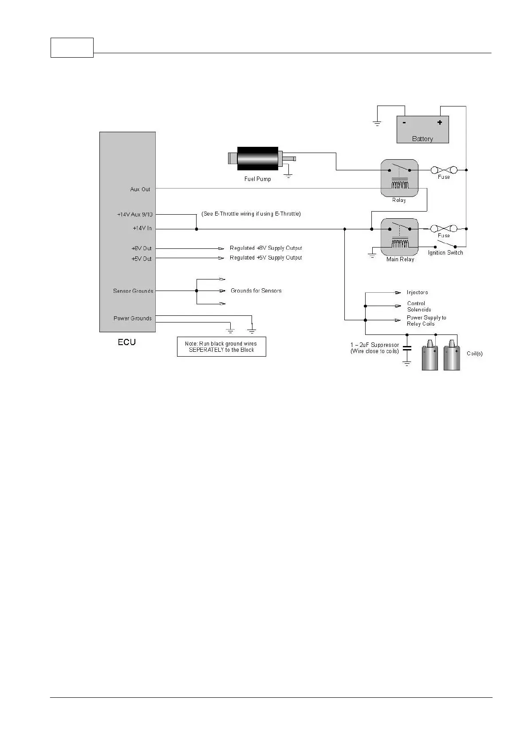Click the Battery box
pos(422,130)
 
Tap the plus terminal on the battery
pos(440,122)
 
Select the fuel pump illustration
pos(258,158)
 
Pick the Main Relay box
pos(399,237)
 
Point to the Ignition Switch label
pos(445,253)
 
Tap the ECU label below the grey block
pos(127,342)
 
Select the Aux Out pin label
pos(140,189)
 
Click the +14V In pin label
pos(142,228)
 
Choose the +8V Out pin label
pos(142,248)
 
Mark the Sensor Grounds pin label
pos(133,291)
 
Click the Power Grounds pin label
pos(133,318)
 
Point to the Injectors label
pos(418,293)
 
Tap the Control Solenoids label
pos(419,307)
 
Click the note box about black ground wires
pos(221,347)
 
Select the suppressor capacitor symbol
pos(406,349)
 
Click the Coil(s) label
pos(475,354)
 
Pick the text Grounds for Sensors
pos(256,291)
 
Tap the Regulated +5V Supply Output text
pos(266,258)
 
